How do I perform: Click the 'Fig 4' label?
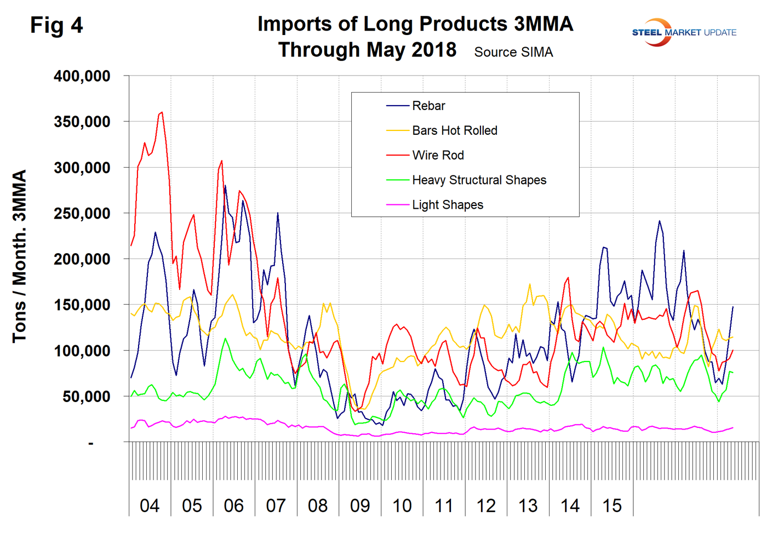(56, 25)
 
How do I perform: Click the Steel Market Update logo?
(684, 32)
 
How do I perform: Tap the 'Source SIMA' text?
(513, 52)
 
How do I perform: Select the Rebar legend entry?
(428, 106)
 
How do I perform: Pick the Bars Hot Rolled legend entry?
(454, 130)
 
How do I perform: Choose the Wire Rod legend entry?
(438, 155)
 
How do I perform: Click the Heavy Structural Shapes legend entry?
(479, 180)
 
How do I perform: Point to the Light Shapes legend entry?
(447, 204)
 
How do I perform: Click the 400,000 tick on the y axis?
(82, 76)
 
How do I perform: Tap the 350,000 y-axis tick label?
(82, 122)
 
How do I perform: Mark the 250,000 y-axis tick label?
(82, 213)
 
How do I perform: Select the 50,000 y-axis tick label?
(86, 396)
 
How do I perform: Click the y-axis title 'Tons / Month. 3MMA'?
(19, 256)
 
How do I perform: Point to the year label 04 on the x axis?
(150, 505)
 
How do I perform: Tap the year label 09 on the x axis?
(360, 505)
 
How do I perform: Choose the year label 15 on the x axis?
(612, 505)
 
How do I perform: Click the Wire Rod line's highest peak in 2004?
(162, 112)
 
